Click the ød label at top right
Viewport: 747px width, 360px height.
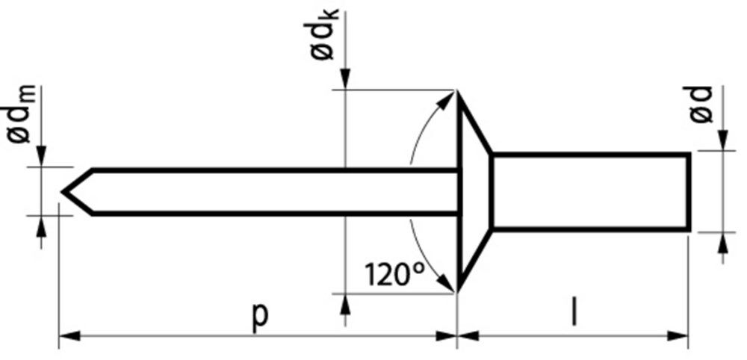(x=701, y=104)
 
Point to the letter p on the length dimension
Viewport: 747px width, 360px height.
(x=259, y=314)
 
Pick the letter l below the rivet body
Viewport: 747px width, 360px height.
(x=573, y=314)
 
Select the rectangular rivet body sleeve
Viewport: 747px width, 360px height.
(x=590, y=191)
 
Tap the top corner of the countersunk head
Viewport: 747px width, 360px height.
(x=457, y=92)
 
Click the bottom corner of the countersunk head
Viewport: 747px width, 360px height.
(x=457, y=291)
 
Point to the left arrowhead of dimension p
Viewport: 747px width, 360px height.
(x=67, y=336)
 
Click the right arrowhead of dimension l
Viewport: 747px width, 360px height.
(x=679, y=336)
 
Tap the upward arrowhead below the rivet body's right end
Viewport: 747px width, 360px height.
(x=722, y=240)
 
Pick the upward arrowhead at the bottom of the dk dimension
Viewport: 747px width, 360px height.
(x=344, y=302)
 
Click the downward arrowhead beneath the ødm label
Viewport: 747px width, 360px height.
(x=42, y=155)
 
